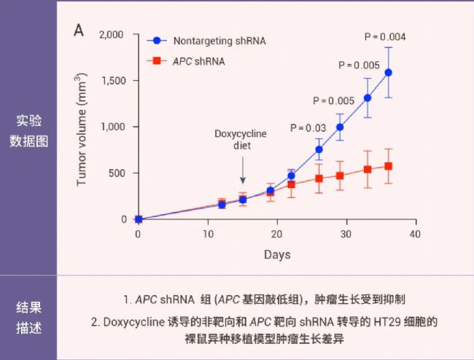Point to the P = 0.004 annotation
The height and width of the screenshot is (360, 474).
pos(384,37)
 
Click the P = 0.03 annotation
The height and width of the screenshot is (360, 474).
pos(308,128)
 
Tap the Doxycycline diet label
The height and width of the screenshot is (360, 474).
pos(241,139)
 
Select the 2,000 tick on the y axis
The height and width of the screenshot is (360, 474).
pos(112,34)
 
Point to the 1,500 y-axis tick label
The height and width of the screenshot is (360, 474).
pos(112,80)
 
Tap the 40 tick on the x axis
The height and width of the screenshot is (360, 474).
pos(415,233)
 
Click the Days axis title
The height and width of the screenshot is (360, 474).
pos(277,254)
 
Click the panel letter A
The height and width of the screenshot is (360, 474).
pos(79,31)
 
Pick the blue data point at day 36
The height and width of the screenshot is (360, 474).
pos(388,72)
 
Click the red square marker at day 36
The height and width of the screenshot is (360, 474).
pos(388,166)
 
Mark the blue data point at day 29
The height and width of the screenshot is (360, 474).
pos(340,127)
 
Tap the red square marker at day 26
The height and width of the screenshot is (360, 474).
pos(319,178)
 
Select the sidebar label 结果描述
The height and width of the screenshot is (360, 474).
pos(29,317)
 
